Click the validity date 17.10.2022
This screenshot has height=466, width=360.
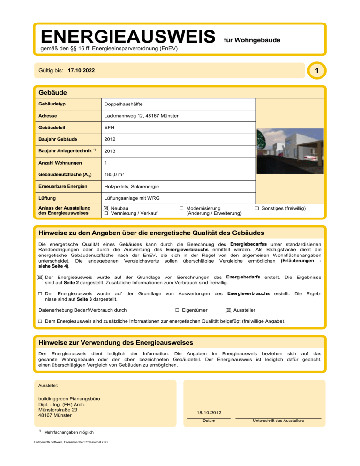(81, 71)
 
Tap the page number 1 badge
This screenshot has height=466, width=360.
(317, 71)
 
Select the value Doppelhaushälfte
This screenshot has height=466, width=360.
(124, 103)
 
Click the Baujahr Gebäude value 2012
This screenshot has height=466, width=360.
(111, 139)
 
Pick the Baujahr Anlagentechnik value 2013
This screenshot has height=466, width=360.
(111, 151)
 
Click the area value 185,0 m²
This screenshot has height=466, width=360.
(114, 174)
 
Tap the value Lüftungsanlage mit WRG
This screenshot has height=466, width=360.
(132, 198)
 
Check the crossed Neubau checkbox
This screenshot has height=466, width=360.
(106, 207)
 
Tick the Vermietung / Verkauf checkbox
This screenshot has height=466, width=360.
(106, 213)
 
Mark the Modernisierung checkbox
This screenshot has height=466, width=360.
(181, 207)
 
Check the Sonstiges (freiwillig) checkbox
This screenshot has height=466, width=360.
(257, 207)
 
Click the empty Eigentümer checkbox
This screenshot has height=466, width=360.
(177, 310)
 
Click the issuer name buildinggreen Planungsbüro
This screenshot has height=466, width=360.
(68, 399)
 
